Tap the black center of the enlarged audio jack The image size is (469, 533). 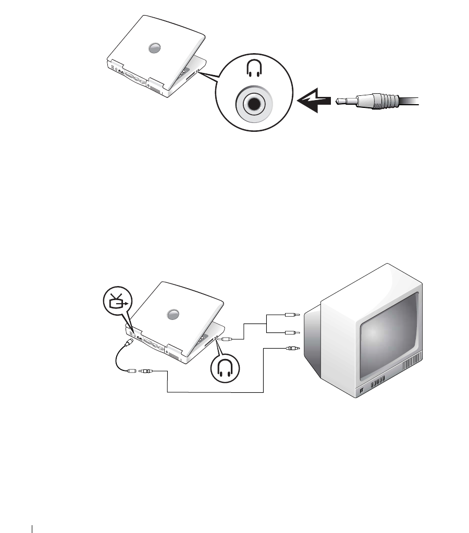[253, 104]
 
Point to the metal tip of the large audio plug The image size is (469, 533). [342, 101]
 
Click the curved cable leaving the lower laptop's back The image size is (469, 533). [117, 360]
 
